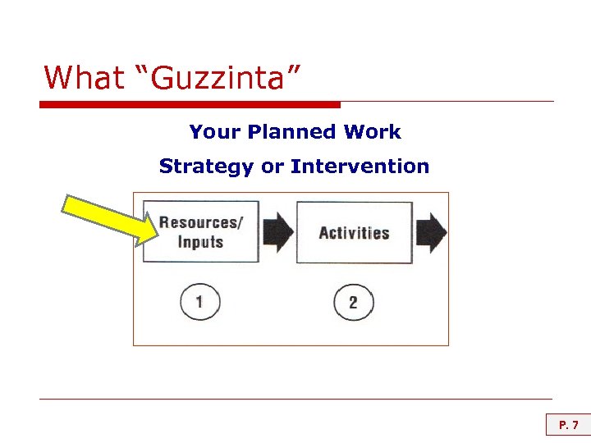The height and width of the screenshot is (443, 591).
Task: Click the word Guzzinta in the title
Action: (x=220, y=78)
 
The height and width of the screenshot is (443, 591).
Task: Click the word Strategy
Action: (x=207, y=167)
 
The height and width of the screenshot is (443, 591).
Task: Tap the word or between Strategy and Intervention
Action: (x=271, y=167)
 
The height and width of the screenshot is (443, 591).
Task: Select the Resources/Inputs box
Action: (x=200, y=231)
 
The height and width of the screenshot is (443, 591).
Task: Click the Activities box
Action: (x=354, y=232)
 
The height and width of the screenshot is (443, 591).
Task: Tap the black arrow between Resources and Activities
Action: (x=277, y=232)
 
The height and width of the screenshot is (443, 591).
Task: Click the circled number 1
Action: (x=199, y=303)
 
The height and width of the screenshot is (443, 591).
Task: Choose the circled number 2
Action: (x=353, y=303)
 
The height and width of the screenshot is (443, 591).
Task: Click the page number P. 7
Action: (x=568, y=425)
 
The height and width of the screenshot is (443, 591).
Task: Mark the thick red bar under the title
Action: (x=189, y=104)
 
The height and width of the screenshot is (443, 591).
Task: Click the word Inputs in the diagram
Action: (x=200, y=241)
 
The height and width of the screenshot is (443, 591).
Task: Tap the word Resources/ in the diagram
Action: (x=200, y=222)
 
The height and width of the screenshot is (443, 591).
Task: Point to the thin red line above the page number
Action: (x=295, y=400)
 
